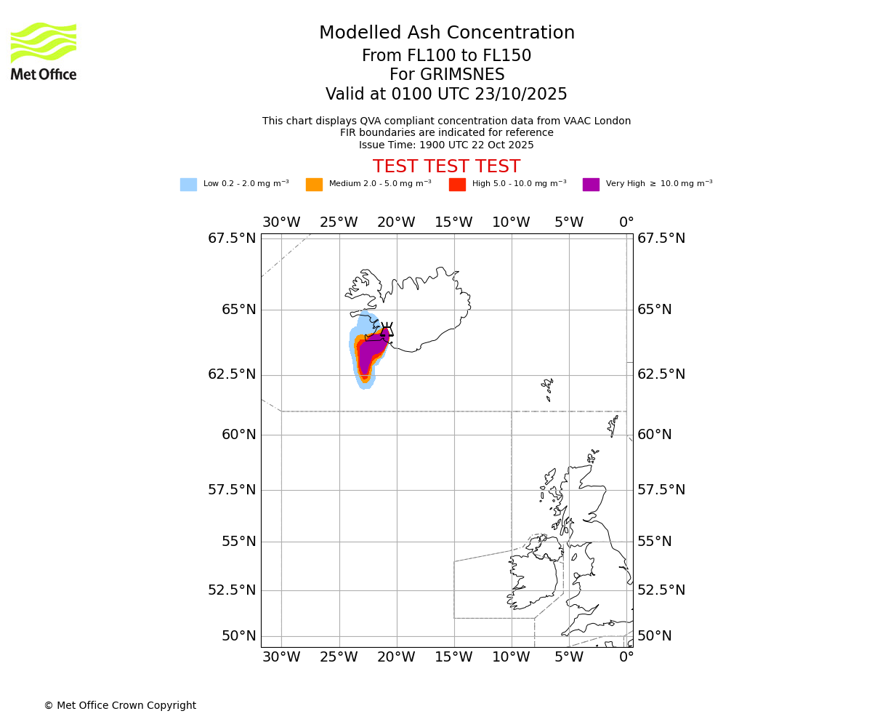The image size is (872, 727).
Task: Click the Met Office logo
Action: [x=44, y=51]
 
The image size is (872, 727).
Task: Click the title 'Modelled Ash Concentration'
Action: [x=446, y=33]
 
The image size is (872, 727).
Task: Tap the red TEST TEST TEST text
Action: [x=446, y=166]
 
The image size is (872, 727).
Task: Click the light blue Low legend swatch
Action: [x=188, y=185]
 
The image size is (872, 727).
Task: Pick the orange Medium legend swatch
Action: [x=314, y=185]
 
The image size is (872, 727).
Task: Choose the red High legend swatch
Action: [x=457, y=185]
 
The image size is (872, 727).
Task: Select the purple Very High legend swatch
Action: [x=591, y=185]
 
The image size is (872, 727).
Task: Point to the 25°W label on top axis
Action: [x=339, y=222]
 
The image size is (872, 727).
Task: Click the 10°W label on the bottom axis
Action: [x=511, y=658]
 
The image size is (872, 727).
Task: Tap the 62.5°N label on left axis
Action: [x=232, y=374]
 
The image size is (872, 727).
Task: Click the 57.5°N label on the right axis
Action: [x=661, y=490]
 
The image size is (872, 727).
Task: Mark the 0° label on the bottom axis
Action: [x=626, y=658]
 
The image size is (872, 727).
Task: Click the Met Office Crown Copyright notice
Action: [x=120, y=705]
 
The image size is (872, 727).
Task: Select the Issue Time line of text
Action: [x=446, y=145]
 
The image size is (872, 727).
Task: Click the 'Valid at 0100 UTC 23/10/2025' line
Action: [x=446, y=95]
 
